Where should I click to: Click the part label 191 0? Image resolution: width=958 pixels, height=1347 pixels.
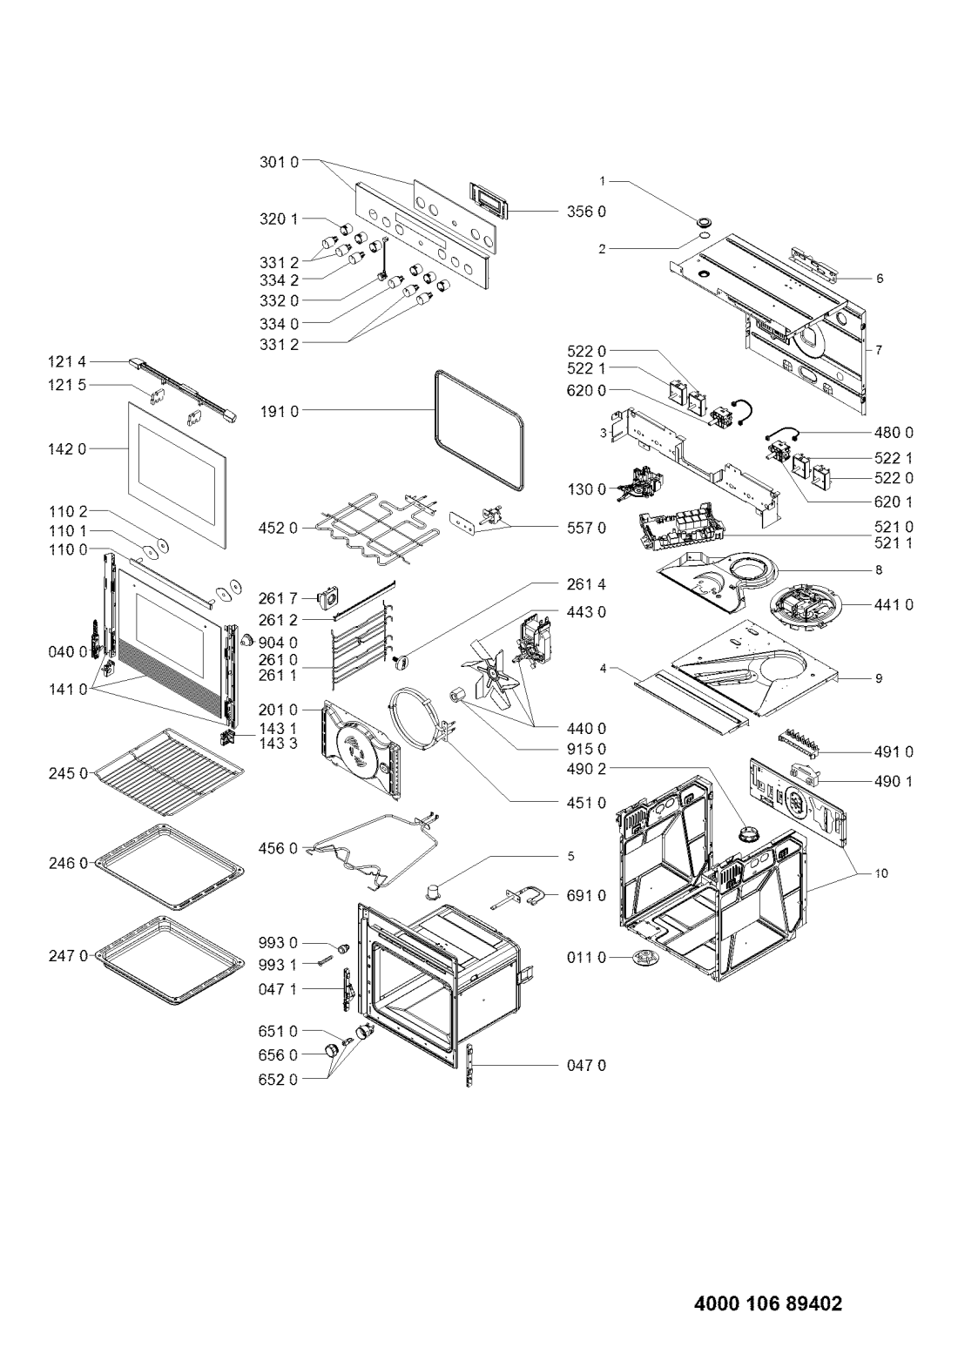(x=279, y=409)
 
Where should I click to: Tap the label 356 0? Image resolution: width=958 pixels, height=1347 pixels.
(x=590, y=212)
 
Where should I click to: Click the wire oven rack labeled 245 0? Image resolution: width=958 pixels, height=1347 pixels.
(x=166, y=771)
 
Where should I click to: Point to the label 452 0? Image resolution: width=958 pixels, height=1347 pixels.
(x=279, y=528)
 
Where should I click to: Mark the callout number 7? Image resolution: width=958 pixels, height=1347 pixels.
(x=880, y=350)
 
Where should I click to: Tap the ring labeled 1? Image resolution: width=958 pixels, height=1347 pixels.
(x=702, y=219)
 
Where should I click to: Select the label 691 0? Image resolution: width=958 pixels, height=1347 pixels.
(x=590, y=895)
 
